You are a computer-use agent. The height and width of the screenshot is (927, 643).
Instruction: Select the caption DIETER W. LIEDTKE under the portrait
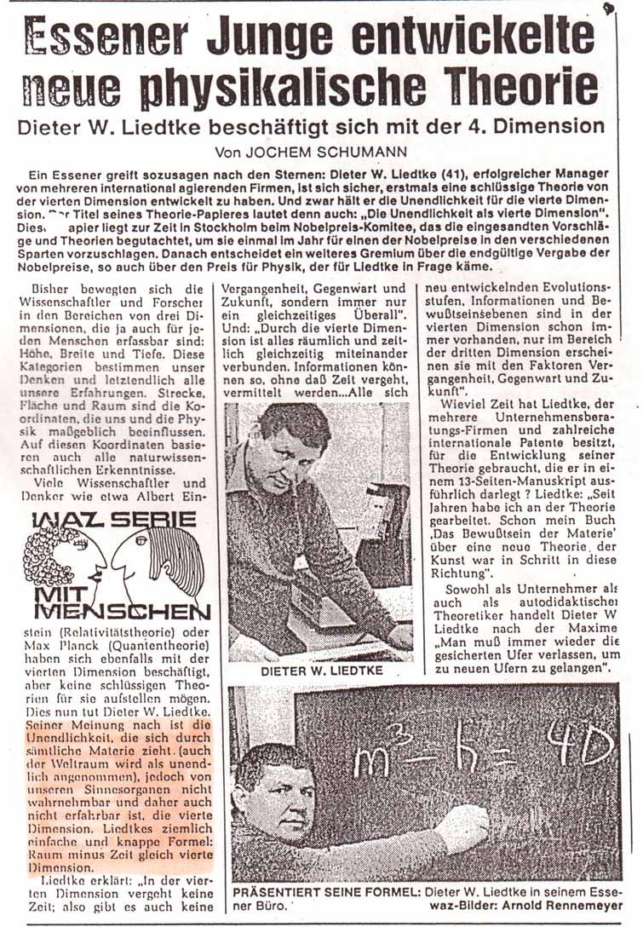click(319, 670)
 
